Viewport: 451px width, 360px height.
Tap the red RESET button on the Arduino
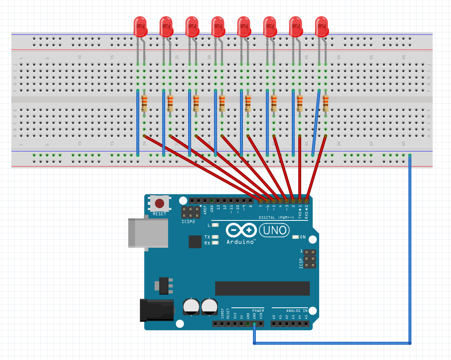(x=159, y=203)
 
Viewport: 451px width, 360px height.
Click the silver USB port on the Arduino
(x=148, y=233)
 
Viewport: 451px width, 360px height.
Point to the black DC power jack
(x=157, y=310)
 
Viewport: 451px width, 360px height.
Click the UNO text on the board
(x=276, y=231)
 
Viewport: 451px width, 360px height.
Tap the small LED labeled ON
(x=296, y=237)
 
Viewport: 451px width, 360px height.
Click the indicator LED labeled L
(x=216, y=225)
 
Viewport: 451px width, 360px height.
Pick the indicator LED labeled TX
(x=216, y=237)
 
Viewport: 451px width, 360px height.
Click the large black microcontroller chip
(x=262, y=288)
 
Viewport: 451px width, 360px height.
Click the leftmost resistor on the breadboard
(x=144, y=103)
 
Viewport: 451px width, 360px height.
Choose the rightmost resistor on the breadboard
(x=326, y=103)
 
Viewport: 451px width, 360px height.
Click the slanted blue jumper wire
(x=316, y=122)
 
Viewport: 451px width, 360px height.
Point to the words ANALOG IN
(x=296, y=311)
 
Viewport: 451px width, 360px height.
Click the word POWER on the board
(x=258, y=311)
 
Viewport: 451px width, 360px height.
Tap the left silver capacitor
(x=191, y=306)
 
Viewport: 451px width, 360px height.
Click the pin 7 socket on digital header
(x=260, y=200)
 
